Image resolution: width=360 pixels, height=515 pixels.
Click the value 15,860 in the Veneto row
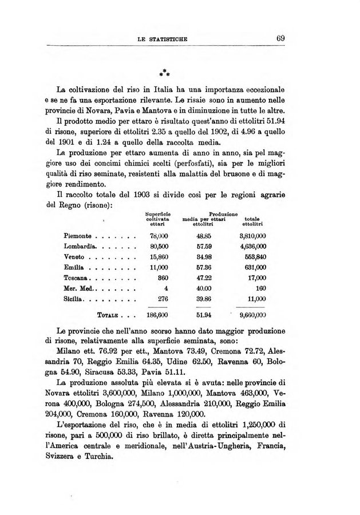[x=156, y=257]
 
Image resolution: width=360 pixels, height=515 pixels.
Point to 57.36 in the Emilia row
[x=201, y=267]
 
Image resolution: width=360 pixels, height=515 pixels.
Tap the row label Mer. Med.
[x=80, y=289]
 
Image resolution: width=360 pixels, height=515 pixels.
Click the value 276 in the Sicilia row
[x=160, y=299]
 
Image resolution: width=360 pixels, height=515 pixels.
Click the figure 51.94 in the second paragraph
[x=293, y=122]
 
